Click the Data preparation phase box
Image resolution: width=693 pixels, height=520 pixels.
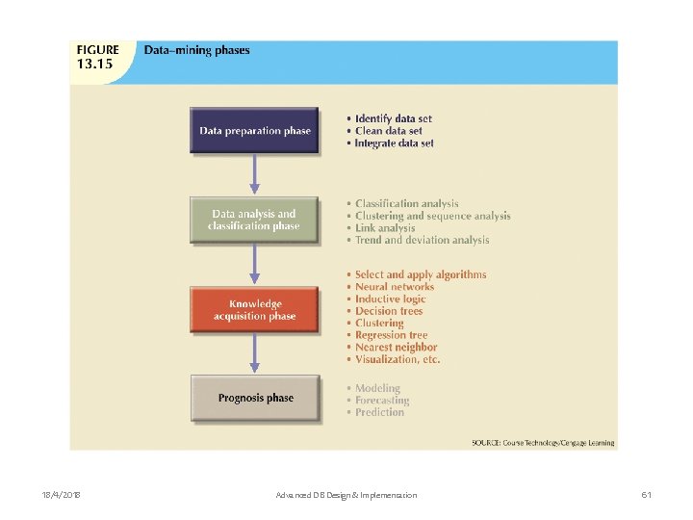[x=255, y=131]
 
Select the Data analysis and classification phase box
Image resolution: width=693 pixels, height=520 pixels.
[x=255, y=221]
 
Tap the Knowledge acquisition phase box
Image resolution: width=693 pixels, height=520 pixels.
[x=255, y=309]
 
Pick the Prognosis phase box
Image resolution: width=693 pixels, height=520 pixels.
[x=255, y=398]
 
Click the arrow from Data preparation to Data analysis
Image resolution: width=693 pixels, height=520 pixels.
[x=255, y=174]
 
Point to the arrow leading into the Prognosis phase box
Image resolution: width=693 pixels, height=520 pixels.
[x=255, y=353]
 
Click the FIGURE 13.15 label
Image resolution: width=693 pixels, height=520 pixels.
[x=98, y=57]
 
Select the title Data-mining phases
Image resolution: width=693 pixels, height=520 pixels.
[x=196, y=51]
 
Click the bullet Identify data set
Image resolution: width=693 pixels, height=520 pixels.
[x=393, y=119]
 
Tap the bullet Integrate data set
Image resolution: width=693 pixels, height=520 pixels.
[x=394, y=143]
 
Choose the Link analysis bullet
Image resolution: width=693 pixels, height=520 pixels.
[x=385, y=228]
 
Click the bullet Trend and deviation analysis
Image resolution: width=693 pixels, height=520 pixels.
[x=422, y=241]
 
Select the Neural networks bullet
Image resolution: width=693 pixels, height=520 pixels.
[x=395, y=287]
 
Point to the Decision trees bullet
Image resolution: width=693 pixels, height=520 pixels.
[x=389, y=311]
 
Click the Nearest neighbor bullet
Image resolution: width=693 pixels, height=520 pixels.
[x=396, y=348]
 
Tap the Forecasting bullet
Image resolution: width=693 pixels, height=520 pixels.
[x=382, y=401]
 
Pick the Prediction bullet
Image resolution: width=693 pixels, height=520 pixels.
[x=379, y=412]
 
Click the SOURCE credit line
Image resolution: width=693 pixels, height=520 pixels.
[x=543, y=443]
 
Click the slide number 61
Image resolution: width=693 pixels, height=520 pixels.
[x=647, y=495]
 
